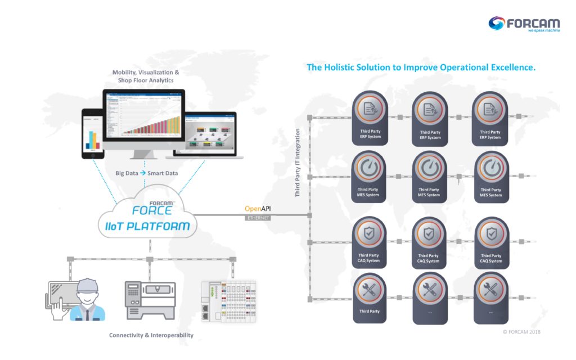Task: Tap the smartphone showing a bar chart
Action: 91,133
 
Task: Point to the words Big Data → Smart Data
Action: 146,173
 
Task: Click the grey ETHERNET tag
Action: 258,218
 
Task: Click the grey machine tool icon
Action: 150,298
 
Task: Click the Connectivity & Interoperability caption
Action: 151,335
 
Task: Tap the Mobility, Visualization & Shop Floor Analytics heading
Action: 146,76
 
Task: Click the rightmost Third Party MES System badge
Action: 491,176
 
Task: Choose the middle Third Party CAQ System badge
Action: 429,242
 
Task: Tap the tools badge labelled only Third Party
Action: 370,298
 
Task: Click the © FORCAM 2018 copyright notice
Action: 521,332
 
